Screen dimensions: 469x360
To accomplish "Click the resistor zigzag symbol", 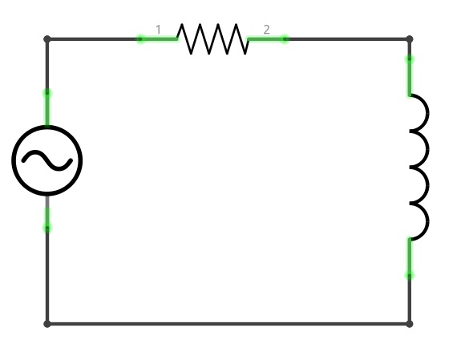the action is click(x=212, y=39).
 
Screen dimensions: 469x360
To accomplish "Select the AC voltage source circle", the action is click(x=47, y=126).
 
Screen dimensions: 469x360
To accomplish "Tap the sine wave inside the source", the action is click(x=47, y=160).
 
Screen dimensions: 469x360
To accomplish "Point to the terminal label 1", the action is click(x=158, y=30).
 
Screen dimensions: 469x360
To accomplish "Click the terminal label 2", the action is click(x=266, y=30).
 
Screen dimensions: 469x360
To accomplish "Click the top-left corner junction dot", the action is click(x=47, y=39).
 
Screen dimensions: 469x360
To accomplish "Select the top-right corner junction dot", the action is click(x=410, y=39).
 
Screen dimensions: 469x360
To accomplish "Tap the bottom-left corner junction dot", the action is click(x=47, y=324).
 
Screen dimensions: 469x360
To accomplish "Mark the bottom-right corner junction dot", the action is click(x=410, y=324).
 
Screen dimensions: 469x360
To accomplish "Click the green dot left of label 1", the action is click(x=140, y=39).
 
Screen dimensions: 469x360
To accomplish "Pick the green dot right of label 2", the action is click(x=285, y=39).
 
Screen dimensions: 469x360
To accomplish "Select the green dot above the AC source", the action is click(x=47, y=93).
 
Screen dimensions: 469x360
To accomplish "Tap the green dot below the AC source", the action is click(x=47, y=229).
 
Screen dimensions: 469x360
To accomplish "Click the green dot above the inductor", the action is click(x=410, y=59).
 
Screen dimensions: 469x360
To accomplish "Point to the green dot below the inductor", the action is click(x=410, y=275).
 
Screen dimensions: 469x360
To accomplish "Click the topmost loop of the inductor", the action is click(x=428, y=113).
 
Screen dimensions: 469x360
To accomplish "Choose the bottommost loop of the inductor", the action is click(x=428, y=222).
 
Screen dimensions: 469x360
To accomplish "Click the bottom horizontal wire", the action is click(x=228, y=324).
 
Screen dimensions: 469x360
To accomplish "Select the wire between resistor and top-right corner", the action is click(x=348, y=39).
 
